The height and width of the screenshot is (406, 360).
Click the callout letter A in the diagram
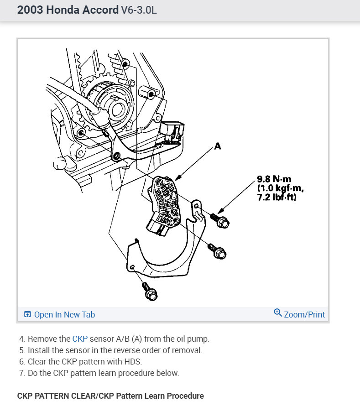point(217,146)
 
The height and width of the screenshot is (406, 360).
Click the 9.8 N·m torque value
point(274,179)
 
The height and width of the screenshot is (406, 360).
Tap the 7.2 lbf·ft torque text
point(277,197)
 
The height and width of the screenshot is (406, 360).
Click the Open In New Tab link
point(64,314)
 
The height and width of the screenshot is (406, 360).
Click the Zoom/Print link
point(304,314)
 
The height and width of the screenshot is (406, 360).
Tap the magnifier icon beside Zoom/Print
point(277,313)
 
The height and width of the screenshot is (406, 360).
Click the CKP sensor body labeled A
point(167,203)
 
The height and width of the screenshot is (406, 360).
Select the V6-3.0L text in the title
point(139,10)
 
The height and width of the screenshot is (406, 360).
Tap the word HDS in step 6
point(133,362)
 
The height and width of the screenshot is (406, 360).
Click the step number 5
point(21,350)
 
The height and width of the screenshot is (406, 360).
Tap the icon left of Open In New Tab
point(27,314)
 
